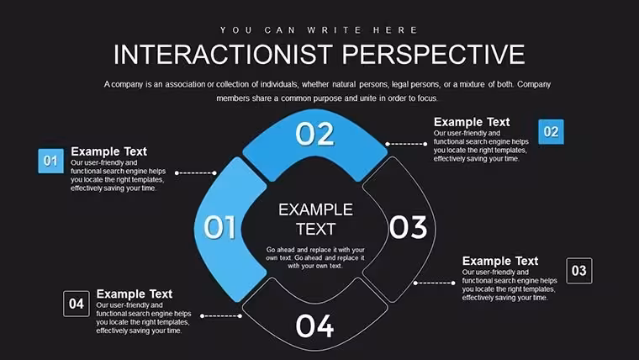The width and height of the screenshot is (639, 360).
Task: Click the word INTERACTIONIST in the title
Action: (x=223, y=55)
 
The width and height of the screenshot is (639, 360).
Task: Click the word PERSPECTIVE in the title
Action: (x=434, y=55)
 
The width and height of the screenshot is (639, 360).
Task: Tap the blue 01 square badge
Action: (x=51, y=161)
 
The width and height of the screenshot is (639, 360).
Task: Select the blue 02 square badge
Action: (x=551, y=132)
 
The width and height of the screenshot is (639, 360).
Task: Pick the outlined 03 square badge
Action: (x=579, y=270)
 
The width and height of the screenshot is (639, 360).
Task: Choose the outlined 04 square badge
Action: (x=77, y=304)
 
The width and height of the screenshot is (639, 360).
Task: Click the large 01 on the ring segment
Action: (x=219, y=227)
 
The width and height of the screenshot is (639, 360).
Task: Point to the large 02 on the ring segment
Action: (x=314, y=134)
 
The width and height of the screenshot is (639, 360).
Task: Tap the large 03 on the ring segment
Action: (x=408, y=227)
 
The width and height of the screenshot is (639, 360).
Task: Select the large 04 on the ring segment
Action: (x=314, y=326)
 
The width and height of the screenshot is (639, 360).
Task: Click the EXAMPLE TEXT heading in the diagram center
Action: (x=316, y=220)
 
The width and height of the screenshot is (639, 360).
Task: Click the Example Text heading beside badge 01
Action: (x=108, y=151)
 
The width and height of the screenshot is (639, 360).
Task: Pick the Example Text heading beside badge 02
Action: (x=472, y=122)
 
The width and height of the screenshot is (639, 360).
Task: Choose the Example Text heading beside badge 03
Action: (x=500, y=261)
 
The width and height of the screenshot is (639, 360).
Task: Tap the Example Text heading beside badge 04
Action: (x=134, y=294)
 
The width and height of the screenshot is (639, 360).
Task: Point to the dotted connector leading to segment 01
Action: (x=196, y=173)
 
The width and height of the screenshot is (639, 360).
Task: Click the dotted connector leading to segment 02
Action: (x=406, y=144)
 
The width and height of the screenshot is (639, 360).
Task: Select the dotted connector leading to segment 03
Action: (x=435, y=283)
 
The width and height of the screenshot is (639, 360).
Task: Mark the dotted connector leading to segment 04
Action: (x=221, y=316)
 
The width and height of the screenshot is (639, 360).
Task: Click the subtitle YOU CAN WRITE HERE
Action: (x=319, y=30)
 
